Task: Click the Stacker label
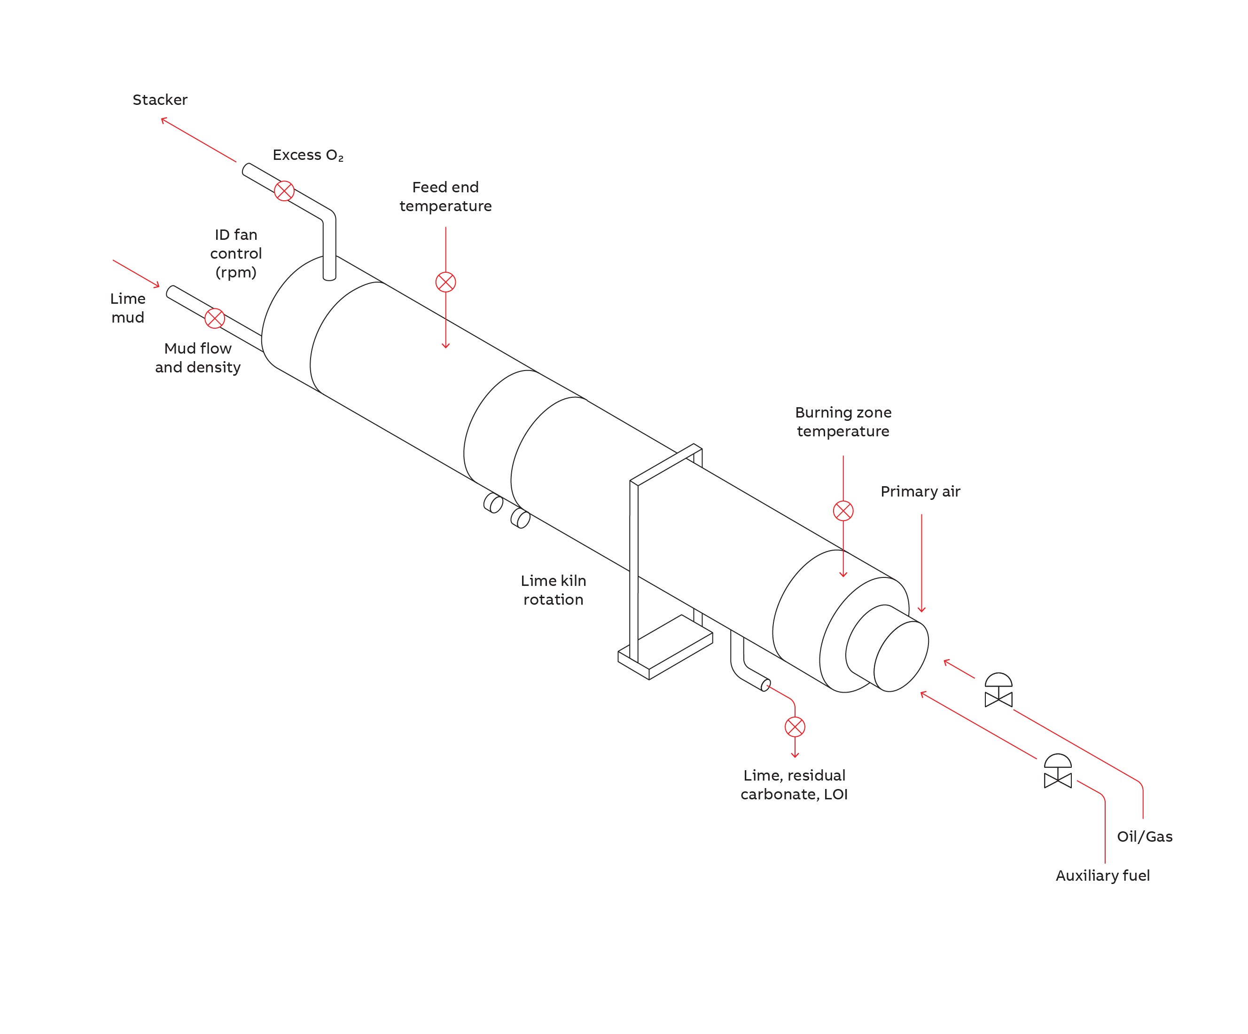[x=160, y=100]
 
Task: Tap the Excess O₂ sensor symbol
[x=284, y=191]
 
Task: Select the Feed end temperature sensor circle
[x=446, y=282]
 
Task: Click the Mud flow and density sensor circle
[x=215, y=318]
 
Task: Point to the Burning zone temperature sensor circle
[x=843, y=511]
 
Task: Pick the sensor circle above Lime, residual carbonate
[x=795, y=726]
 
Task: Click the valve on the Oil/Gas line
[x=998, y=692]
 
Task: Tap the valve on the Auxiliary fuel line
[x=1058, y=773]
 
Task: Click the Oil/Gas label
[x=1145, y=837]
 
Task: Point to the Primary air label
[x=920, y=492]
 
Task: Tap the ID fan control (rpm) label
[x=236, y=253]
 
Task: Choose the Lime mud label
[x=128, y=308]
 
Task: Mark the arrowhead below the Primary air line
[x=922, y=609]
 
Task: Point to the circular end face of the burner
[x=901, y=656]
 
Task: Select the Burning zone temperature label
[x=843, y=422]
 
